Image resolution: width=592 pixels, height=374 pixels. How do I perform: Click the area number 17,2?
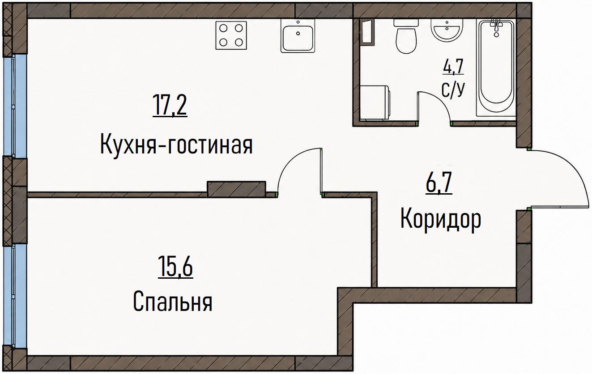point(170,106)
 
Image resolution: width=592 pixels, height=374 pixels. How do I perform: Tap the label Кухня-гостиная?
point(177,144)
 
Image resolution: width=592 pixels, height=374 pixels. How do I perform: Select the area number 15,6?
point(175,267)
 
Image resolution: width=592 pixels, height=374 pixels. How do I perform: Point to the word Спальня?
point(173,302)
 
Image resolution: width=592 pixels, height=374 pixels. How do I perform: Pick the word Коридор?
point(441,219)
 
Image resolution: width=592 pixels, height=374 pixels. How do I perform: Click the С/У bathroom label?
point(453,89)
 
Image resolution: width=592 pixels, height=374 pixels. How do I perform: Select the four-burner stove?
point(231,35)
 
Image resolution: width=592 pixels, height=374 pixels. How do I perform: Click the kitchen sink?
point(298,36)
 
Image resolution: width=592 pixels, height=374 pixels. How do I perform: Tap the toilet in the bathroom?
point(406,36)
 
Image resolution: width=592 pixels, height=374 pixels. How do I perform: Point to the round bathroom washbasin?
point(447,30)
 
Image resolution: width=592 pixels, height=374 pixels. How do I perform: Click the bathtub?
point(496,68)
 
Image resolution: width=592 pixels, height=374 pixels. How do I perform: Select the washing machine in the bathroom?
point(375,102)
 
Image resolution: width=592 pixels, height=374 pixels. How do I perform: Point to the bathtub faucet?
point(496,27)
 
